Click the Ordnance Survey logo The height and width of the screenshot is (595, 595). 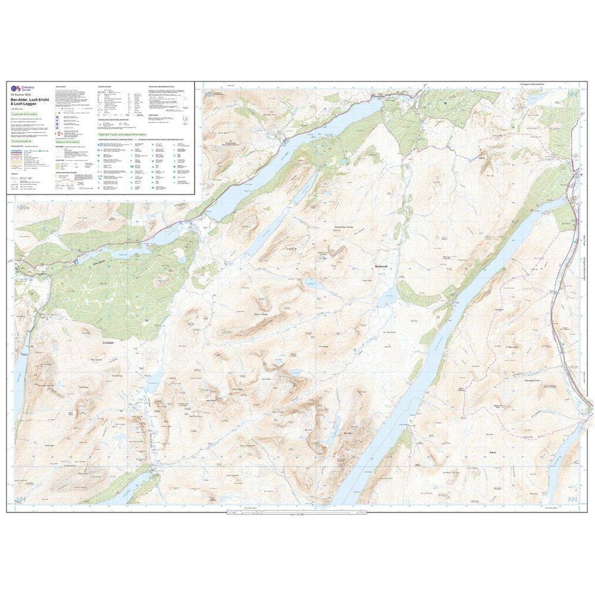point(15,89)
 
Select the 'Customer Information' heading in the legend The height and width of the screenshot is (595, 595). point(24,113)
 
